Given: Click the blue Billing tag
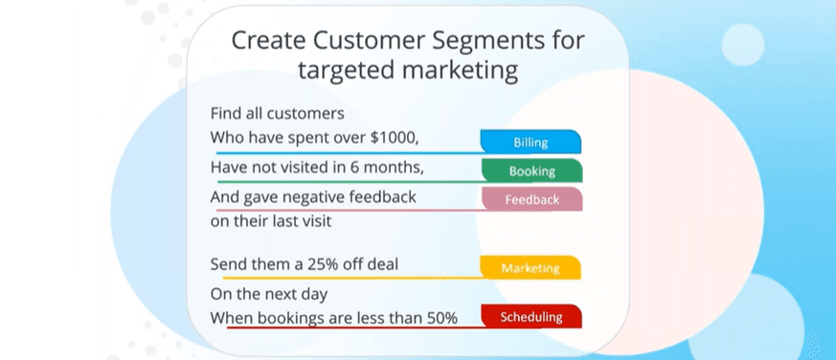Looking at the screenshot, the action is pos(531,142).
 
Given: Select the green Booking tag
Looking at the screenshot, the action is pos(531,170).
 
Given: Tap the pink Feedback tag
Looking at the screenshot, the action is pos(531,199).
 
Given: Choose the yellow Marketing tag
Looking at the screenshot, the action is pos(530,268).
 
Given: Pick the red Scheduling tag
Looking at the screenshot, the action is pos(531,317).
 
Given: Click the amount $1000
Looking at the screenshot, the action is pos(395,138).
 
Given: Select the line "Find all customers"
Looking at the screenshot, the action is pos(278,113).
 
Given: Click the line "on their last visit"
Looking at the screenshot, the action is pos(271,221).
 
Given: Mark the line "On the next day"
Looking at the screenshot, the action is pos(269,294).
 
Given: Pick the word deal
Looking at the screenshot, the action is pos(383,264).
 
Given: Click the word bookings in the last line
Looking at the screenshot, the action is pos(290,319).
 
